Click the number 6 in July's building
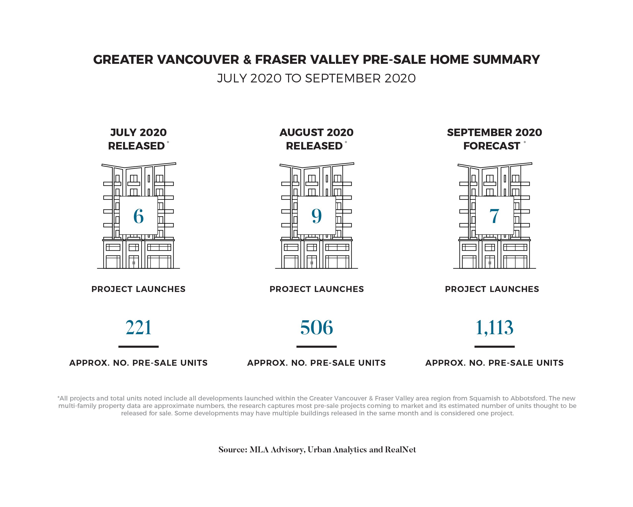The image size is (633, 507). (138, 216)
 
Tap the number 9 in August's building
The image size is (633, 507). (317, 216)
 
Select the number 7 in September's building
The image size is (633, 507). (495, 216)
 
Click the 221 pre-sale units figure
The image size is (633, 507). (138, 327)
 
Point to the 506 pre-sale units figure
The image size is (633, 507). (317, 327)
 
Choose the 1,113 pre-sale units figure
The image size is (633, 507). (495, 327)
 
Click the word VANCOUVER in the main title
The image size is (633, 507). (199, 60)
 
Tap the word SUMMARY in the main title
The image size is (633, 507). (506, 60)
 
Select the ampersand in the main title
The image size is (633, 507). (247, 60)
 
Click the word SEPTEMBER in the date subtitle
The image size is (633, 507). (343, 78)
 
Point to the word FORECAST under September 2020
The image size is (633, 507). (492, 146)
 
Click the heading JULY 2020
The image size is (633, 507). (138, 133)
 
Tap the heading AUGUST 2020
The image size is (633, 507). (317, 133)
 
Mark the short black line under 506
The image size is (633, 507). (317, 347)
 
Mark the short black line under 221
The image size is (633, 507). (138, 347)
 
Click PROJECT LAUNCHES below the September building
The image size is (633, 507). (492, 289)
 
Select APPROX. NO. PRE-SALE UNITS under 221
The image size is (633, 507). (138, 363)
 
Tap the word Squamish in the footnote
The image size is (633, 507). (482, 398)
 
